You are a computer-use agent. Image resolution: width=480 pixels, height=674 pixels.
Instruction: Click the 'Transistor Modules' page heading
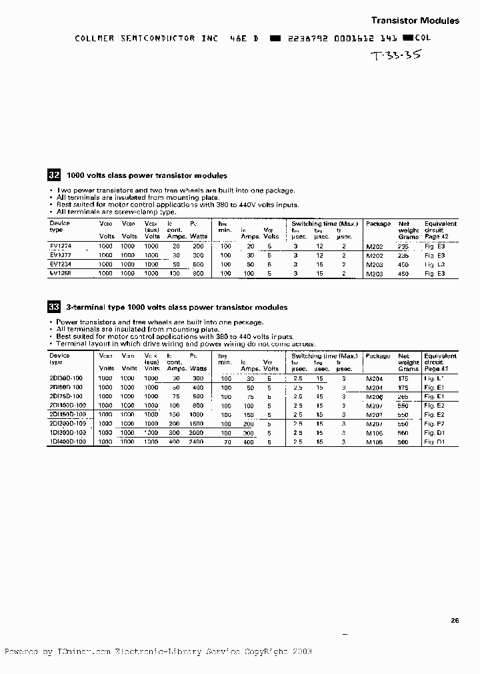[415, 21]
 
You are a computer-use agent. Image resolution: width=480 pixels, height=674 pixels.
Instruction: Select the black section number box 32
[54, 175]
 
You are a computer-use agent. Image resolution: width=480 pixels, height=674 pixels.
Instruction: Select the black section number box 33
[54, 307]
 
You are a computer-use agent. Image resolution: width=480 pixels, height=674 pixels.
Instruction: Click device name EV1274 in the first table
[61, 246]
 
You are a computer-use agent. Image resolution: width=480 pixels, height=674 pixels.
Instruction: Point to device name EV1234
[61, 264]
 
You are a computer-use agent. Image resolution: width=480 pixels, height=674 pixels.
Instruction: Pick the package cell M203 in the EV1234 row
[375, 264]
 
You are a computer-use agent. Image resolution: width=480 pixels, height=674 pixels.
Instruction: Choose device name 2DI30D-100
[66, 378]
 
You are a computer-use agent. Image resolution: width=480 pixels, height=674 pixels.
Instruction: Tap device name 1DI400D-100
[67, 441]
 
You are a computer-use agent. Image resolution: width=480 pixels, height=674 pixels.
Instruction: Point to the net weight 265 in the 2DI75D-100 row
[403, 396]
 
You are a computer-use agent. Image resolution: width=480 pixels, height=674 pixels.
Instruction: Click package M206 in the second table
[375, 396]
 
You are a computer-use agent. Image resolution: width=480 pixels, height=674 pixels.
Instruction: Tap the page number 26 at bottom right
[455, 621]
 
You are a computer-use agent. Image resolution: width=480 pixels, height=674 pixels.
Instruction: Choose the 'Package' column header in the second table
[378, 356]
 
